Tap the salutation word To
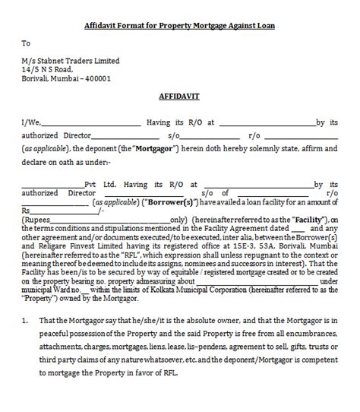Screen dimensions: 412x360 [x=26, y=43]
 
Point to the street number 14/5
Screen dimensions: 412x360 [x=30, y=68]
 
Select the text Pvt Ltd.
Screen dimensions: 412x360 [x=99, y=183]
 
